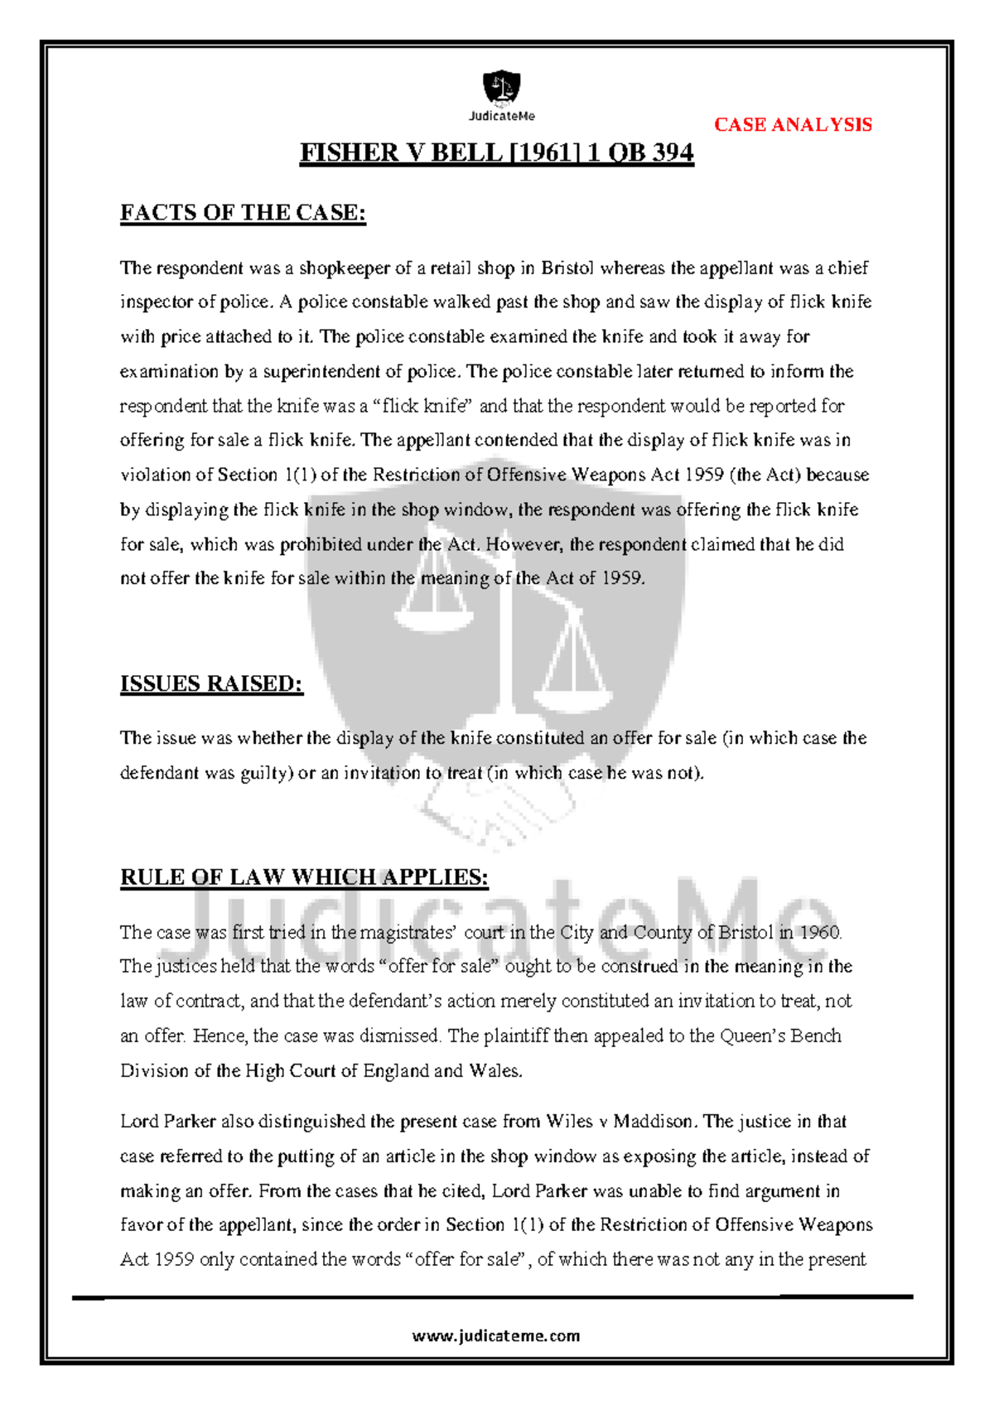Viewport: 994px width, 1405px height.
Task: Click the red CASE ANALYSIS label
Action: pos(793,125)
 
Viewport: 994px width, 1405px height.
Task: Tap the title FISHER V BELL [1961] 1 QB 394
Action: pos(496,153)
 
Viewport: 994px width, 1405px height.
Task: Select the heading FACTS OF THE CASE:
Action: pos(243,213)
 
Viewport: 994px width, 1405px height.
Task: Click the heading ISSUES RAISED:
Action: pos(211,683)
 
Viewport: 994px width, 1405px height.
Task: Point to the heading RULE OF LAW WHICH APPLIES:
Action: pos(304,877)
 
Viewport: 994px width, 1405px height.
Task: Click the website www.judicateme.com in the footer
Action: pos(496,1335)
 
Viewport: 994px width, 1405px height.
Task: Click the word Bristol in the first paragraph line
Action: pos(567,268)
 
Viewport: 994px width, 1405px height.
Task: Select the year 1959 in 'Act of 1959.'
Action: pos(622,578)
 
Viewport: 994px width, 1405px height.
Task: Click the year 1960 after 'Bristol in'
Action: pos(820,932)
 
